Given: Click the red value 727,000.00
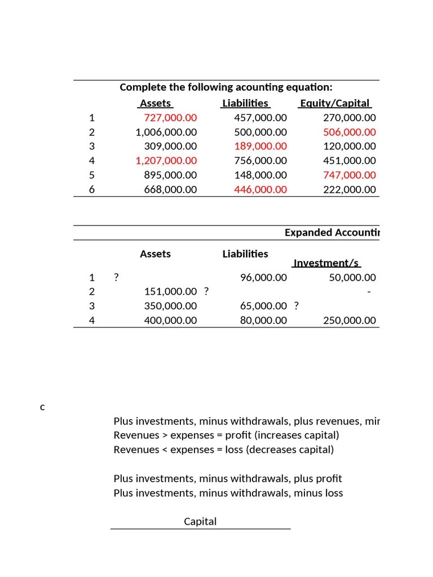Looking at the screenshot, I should [x=170, y=118].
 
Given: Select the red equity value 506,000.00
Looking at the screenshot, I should [x=349, y=132].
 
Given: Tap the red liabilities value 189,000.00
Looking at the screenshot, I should [x=260, y=147].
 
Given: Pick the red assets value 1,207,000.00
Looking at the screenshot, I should [x=166, y=161].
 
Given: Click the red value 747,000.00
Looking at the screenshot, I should [x=349, y=175].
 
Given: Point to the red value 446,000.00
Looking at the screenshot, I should [x=260, y=189].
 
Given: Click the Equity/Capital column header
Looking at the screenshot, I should [x=335, y=103].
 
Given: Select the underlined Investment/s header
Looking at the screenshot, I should [x=326, y=263].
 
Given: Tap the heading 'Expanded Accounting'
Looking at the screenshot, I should [x=332, y=233].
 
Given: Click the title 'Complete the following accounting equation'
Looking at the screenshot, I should [x=226, y=87].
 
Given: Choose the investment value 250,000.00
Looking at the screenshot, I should [x=349, y=321].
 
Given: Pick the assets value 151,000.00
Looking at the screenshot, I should [x=170, y=291].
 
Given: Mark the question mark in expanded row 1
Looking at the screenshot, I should [x=116, y=277].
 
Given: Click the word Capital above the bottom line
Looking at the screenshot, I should [x=200, y=521].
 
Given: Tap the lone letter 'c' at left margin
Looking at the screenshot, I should [x=42, y=407].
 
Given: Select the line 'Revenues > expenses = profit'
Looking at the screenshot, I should [x=226, y=436].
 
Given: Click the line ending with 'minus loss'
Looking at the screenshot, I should [x=228, y=493].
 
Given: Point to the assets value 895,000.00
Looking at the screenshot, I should [x=170, y=175].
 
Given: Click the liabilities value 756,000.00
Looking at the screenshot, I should [x=260, y=161].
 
